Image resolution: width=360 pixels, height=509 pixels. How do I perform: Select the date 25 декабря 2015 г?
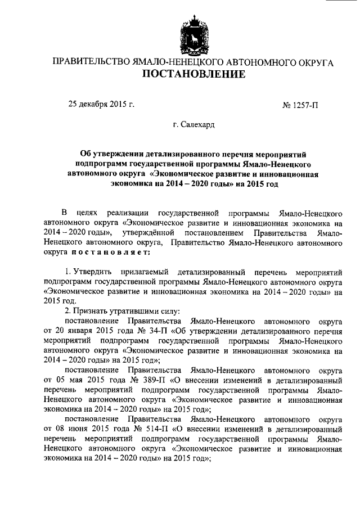click(101, 103)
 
